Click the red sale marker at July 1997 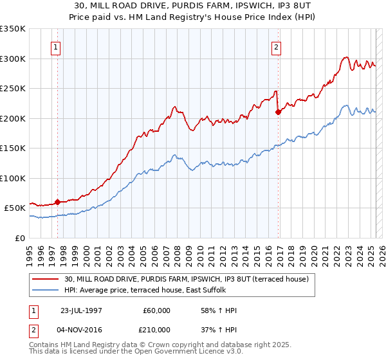57,202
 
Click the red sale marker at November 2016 279,113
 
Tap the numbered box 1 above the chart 56,47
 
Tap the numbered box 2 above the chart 276,47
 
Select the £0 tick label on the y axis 19,238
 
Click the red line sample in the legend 45,279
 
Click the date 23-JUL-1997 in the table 82,310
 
